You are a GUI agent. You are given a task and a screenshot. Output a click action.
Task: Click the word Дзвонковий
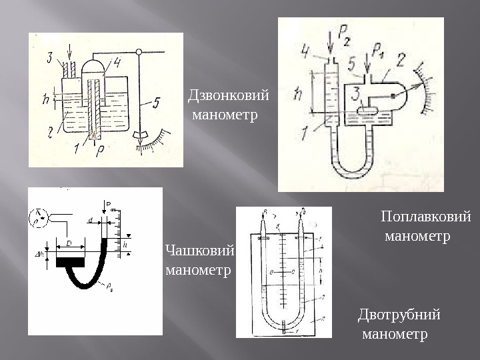click(x=229, y=96)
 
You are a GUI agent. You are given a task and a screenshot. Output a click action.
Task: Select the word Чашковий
click(x=199, y=251)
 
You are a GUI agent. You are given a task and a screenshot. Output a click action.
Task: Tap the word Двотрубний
click(x=399, y=314)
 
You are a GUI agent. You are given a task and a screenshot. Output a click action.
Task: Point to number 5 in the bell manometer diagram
click(x=155, y=103)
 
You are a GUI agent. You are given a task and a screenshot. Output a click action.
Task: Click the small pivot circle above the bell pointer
click(x=139, y=51)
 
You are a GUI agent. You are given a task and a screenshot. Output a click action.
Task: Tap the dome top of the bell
click(x=94, y=65)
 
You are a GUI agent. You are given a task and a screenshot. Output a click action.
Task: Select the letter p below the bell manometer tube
click(x=100, y=151)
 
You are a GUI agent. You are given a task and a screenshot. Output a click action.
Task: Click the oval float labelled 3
click(x=367, y=111)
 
